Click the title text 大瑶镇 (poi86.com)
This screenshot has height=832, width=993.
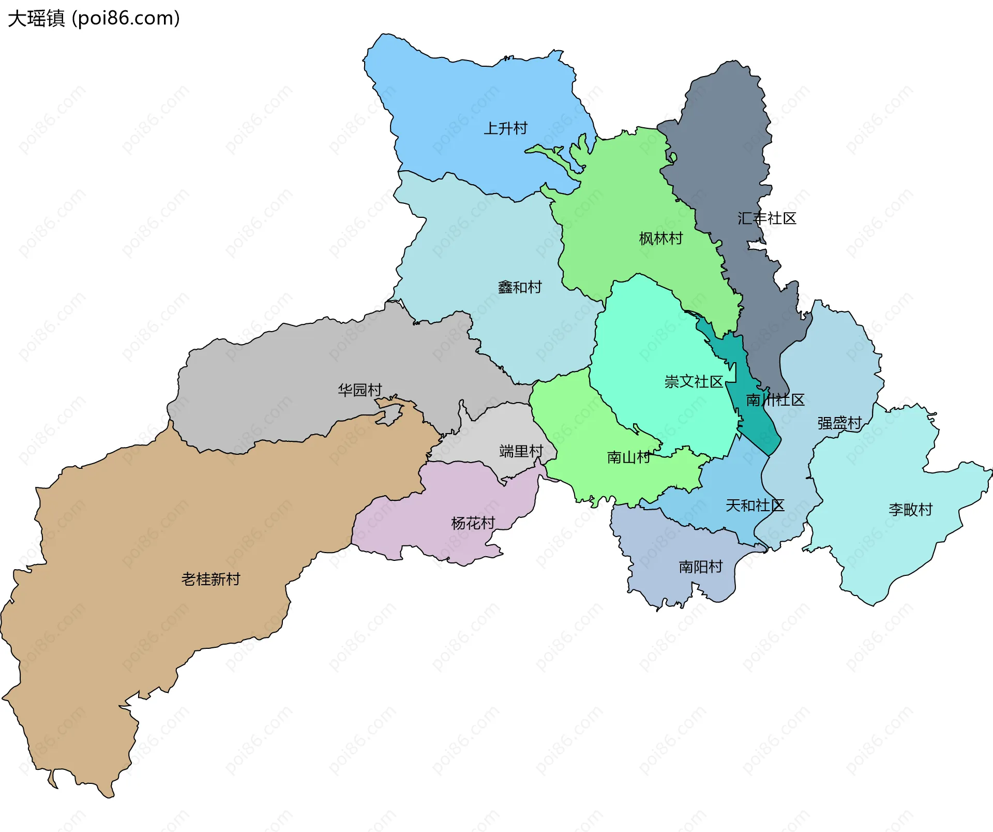point(94,18)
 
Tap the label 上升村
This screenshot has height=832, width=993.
point(505,128)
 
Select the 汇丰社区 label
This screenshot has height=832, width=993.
point(766,218)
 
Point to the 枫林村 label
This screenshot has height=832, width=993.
point(660,239)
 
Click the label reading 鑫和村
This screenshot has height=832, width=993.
point(519,287)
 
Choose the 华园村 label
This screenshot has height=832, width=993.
point(359,390)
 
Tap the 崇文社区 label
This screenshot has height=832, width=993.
point(693,382)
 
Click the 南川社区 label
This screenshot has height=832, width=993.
point(775,400)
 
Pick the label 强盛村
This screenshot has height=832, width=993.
point(839,423)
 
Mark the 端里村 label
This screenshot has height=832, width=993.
point(521,451)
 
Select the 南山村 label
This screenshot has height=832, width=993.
point(628,457)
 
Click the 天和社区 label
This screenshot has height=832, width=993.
point(755,506)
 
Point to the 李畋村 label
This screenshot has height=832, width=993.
point(910,510)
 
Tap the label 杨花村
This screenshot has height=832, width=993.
point(473,523)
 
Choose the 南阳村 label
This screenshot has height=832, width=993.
point(700,567)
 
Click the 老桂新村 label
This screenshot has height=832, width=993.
point(210,579)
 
